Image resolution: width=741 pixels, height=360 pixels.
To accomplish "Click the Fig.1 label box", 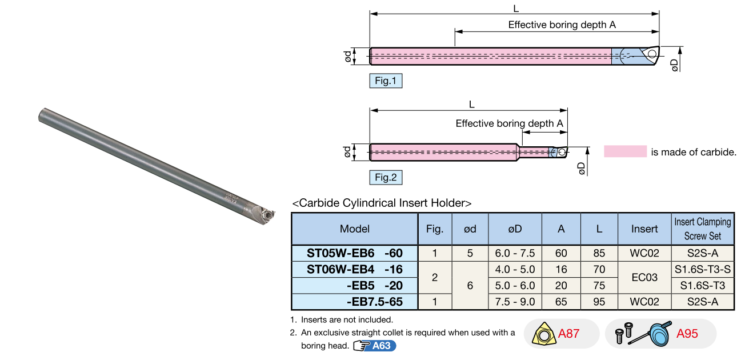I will click(x=386, y=81).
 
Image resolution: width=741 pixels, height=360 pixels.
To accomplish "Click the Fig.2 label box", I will click(x=386, y=178).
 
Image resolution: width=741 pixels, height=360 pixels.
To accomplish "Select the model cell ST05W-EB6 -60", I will click(x=354, y=253).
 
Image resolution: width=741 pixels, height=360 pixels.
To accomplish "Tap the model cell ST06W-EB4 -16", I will click(x=354, y=269).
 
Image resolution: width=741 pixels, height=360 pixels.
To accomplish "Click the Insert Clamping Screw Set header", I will click(x=702, y=229).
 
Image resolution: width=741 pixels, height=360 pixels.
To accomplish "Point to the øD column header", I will click(x=514, y=229).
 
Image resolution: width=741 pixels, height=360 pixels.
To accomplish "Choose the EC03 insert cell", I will click(x=644, y=277).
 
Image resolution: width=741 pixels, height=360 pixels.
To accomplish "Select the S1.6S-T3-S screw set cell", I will click(x=702, y=269).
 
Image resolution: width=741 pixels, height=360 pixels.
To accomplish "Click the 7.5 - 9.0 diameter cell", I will click(x=514, y=302).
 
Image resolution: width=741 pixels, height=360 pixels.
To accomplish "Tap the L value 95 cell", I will click(x=599, y=302).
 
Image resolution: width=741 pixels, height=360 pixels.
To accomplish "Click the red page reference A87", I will click(x=568, y=334).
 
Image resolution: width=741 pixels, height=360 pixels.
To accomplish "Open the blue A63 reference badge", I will click(x=381, y=346).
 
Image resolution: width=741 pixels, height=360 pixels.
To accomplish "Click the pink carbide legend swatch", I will click(x=625, y=151).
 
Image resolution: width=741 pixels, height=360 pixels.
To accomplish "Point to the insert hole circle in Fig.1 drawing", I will click(x=652, y=53).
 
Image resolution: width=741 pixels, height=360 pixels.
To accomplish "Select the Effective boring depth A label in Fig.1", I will click(x=562, y=25).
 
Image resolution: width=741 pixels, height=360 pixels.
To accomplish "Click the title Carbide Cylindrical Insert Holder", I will click(x=382, y=203).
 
